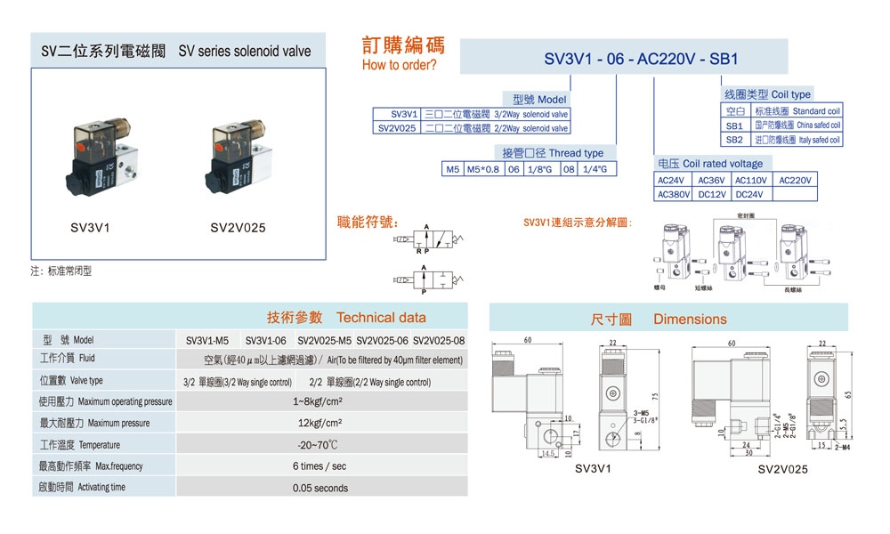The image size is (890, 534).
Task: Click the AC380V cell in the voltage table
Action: [674, 194]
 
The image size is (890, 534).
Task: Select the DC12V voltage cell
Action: [711, 194]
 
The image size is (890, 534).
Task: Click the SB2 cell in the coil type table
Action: [733, 140]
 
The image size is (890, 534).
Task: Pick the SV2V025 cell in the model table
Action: [397, 128]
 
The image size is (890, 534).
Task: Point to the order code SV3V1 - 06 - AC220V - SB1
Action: [642, 60]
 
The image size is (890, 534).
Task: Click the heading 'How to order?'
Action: [399, 66]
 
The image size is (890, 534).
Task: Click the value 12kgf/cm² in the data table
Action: [320, 423]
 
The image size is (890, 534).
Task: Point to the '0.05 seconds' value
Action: [320, 488]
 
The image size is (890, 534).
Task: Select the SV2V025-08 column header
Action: [439, 340]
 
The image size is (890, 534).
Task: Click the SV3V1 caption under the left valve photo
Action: [90, 228]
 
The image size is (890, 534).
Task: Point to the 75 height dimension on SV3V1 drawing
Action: [653, 397]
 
